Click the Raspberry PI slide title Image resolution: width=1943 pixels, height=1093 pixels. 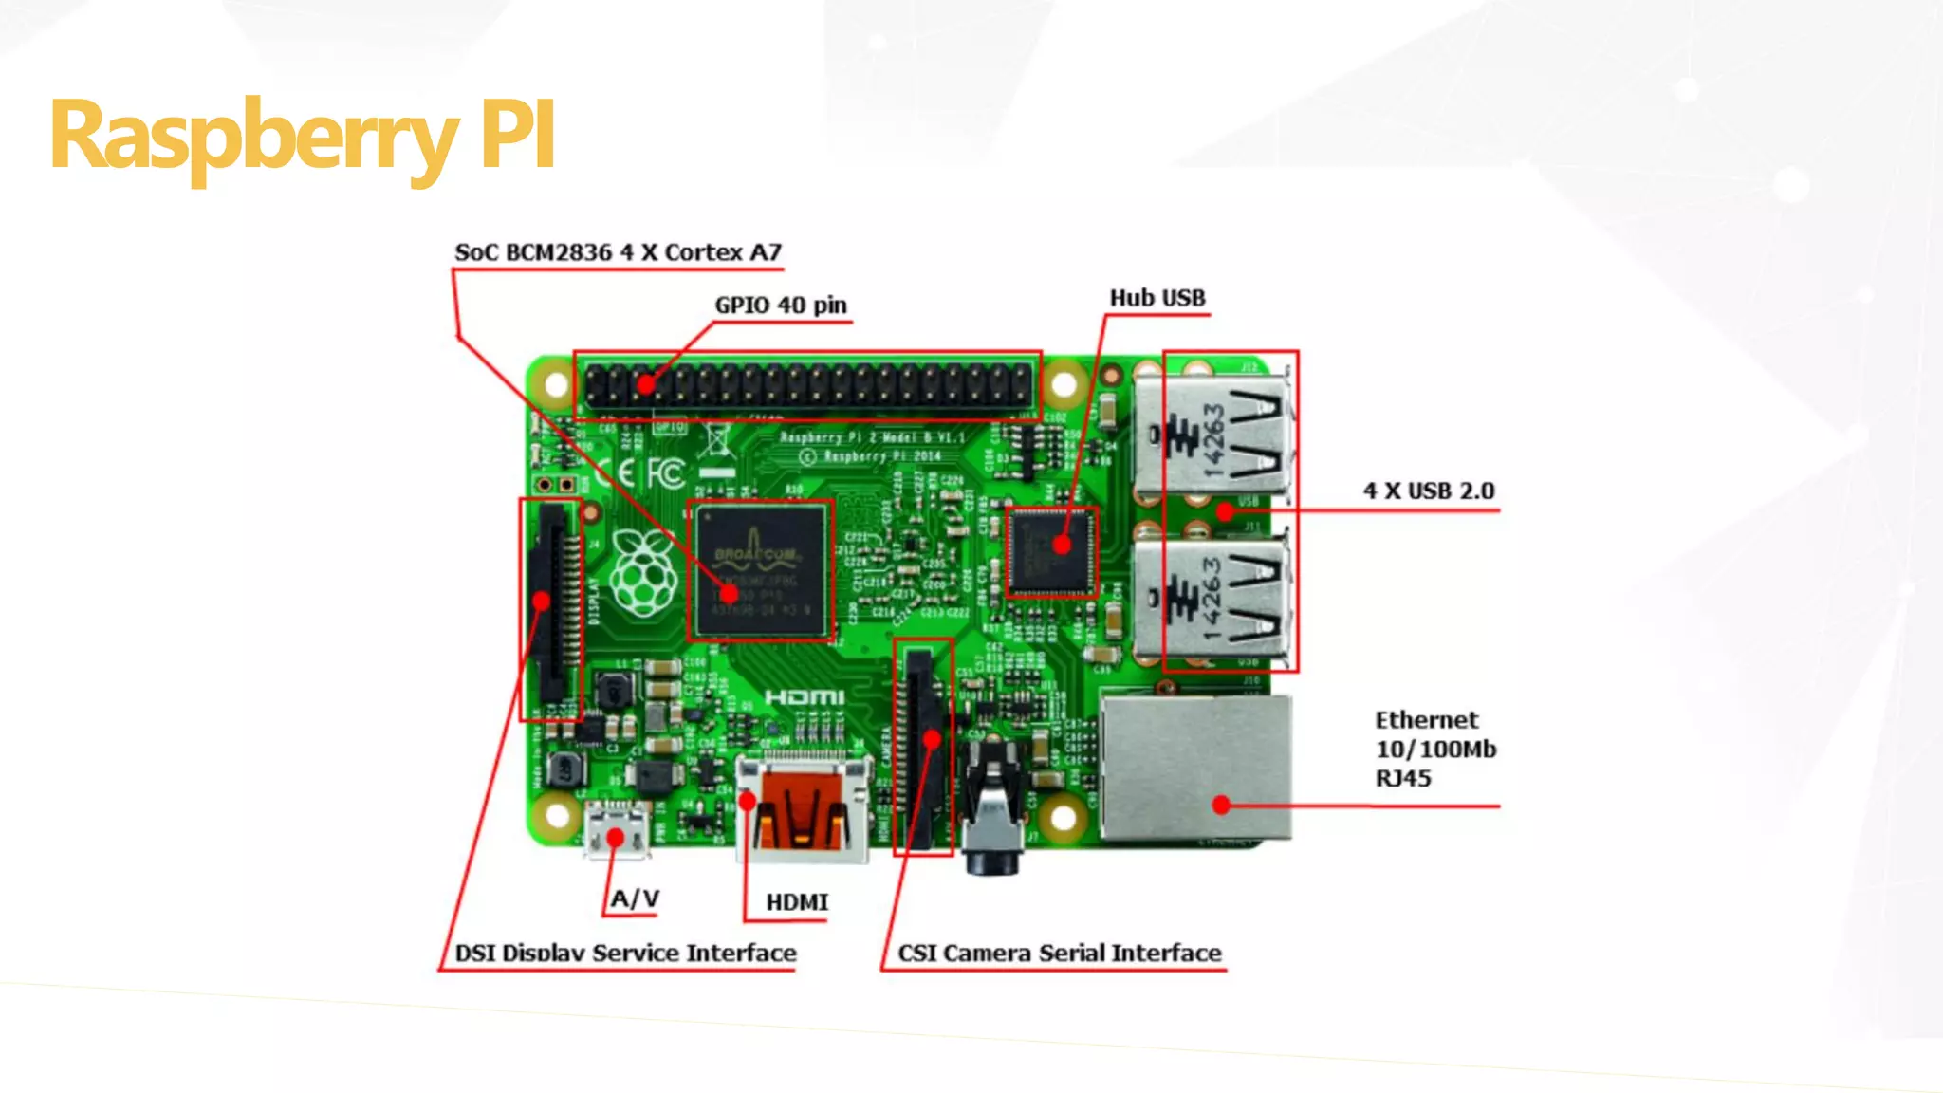click(x=302, y=136)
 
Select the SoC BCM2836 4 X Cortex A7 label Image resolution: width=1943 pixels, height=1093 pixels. click(x=618, y=252)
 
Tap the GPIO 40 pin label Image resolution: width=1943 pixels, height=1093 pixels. click(x=780, y=306)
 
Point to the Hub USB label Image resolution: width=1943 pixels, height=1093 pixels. click(x=1157, y=298)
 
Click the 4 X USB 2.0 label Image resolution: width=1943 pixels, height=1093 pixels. click(x=1429, y=491)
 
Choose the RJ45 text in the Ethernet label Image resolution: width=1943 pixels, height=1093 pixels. click(x=1403, y=779)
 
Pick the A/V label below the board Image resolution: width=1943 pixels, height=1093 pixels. click(x=635, y=898)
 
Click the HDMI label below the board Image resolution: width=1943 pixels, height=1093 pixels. click(x=797, y=902)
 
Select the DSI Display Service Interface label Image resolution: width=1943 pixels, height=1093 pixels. click(x=625, y=953)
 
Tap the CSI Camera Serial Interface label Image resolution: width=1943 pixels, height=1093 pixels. click(x=1060, y=953)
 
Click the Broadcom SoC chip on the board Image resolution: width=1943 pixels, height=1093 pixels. click(x=760, y=570)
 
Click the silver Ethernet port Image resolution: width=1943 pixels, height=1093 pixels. click(x=1196, y=769)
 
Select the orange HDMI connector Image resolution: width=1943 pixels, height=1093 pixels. click(x=803, y=811)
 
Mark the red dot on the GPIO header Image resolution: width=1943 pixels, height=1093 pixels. click(x=646, y=385)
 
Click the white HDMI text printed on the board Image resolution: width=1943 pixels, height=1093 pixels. click(x=805, y=698)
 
